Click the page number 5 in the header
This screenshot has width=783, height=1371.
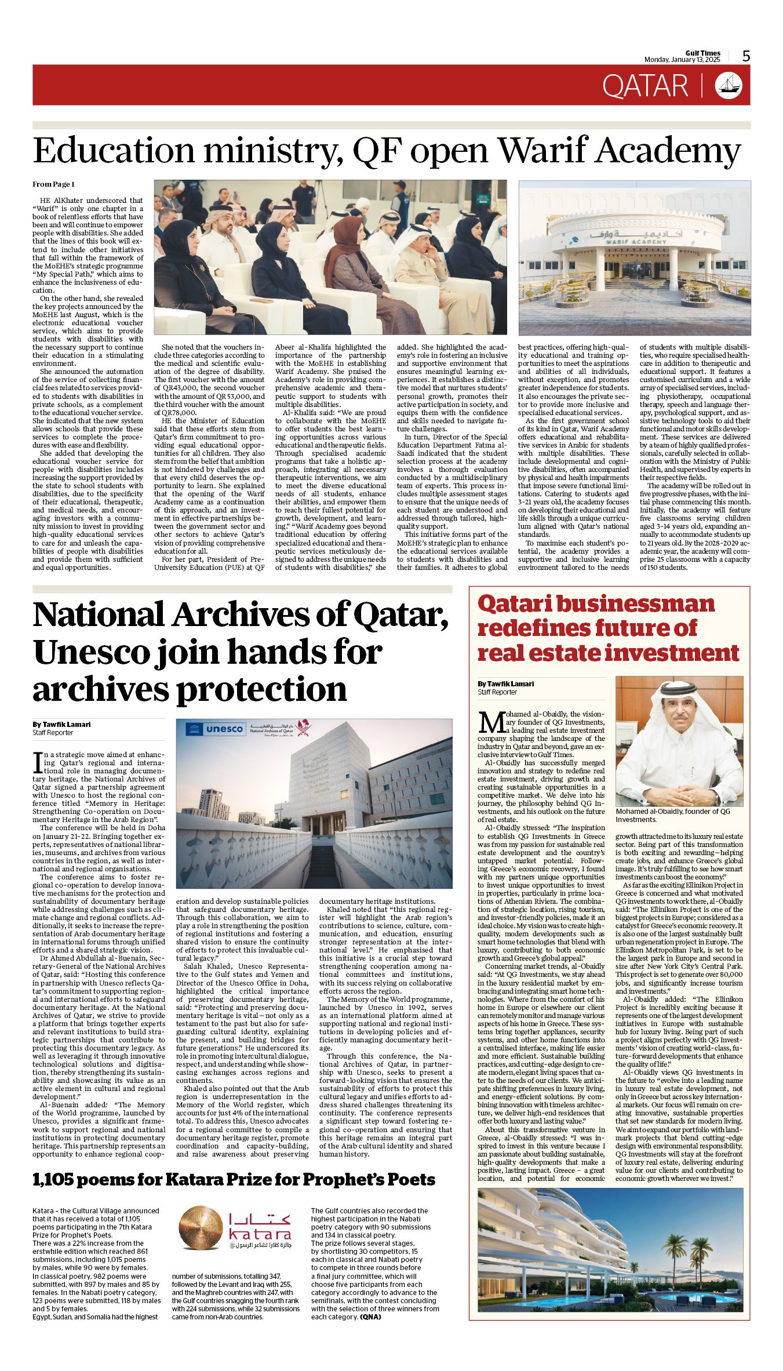click(746, 56)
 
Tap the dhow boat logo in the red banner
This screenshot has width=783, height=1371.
click(729, 85)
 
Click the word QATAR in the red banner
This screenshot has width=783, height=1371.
click(644, 86)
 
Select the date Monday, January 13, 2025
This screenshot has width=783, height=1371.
click(682, 60)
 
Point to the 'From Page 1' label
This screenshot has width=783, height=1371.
click(53, 184)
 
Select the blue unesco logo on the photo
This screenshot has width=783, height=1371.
click(216, 729)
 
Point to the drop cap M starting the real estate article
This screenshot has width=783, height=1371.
click(490, 722)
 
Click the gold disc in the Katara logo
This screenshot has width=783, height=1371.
click(201, 1228)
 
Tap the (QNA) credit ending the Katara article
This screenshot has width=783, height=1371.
click(371, 1317)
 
